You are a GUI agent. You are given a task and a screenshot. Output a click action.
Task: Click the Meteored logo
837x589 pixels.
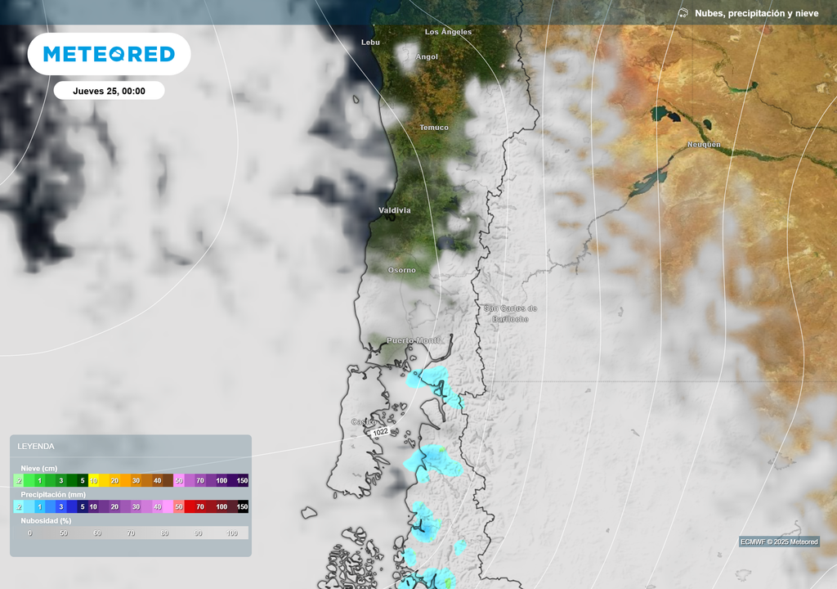pyautogui.click(x=109, y=54)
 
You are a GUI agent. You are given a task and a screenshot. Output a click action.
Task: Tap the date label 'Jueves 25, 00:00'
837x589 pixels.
pyautogui.click(x=109, y=91)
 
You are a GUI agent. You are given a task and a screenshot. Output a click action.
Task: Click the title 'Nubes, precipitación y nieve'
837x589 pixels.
pyautogui.click(x=756, y=13)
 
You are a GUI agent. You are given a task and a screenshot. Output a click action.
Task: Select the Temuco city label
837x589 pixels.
pyautogui.click(x=433, y=128)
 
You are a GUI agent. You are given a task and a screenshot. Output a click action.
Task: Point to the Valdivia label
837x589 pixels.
pyautogui.click(x=395, y=210)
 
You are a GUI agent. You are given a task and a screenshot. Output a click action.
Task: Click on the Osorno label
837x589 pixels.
pyautogui.click(x=401, y=270)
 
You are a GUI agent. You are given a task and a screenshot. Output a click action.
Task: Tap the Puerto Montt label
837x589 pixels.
pyautogui.click(x=413, y=340)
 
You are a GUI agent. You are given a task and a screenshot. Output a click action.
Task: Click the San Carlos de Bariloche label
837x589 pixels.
pyautogui.click(x=510, y=313)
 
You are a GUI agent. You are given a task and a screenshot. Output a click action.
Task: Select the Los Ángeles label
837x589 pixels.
pyautogui.click(x=448, y=32)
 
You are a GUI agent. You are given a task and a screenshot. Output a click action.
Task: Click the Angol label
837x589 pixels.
pyautogui.click(x=427, y=57)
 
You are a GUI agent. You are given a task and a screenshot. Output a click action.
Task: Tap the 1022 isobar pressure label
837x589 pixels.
pyautogui.click(x=380, y=432)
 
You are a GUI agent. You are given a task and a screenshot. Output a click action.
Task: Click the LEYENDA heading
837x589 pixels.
pyautogui.click(x=36, y=447)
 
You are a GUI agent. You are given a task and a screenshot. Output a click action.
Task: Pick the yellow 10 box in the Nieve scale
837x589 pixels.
pyautogui.click(x=93, y=481)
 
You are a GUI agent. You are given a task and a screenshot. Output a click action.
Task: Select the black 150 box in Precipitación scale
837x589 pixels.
pyautogui.click(x=242, y=507)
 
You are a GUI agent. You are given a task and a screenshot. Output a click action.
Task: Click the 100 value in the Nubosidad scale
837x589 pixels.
pyautogui.click(x=231, y=533)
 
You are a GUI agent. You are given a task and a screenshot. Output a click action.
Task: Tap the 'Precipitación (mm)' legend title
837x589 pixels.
pyautogui.click(x=53, y=495)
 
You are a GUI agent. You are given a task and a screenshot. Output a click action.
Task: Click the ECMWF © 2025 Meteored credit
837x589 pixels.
pyautogui.click(x=779, y=542)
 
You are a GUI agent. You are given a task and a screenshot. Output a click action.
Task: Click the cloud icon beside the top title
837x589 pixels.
pyautogui.click(x=683, y=13)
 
